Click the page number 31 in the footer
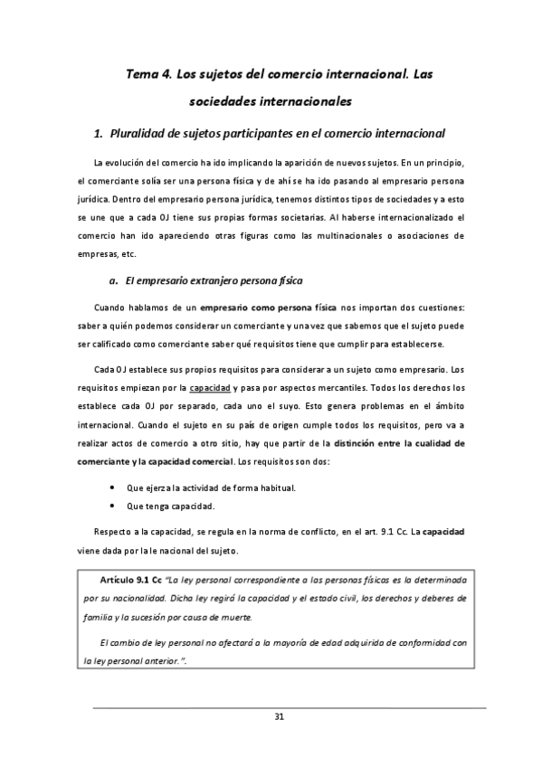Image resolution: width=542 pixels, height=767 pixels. (x=280, y=717)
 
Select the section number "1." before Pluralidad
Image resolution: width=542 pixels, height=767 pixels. (x=100, y=134)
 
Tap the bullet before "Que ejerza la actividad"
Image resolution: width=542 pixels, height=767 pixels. (x=111, y=488)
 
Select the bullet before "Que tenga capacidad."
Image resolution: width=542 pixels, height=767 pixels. (x=111, y=506)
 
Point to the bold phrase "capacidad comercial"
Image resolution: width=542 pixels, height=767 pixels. (x=189, y=461)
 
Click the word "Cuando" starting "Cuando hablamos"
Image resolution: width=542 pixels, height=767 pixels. (x=110, y=310)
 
